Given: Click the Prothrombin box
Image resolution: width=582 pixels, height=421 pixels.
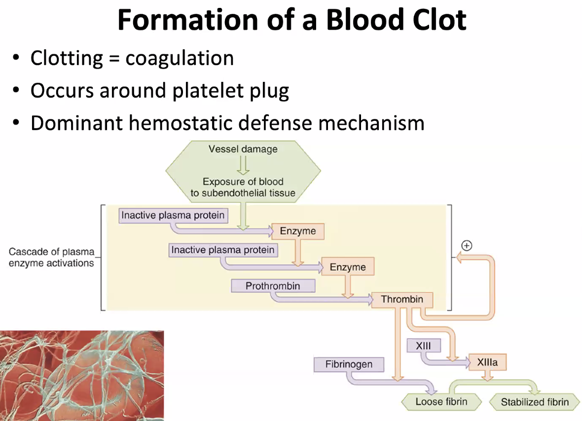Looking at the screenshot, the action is (x=273, y=285).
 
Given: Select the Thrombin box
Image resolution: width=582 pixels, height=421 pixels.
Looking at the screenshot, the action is (x=402, y=299).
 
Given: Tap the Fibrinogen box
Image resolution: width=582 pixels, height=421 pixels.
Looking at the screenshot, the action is (x=349, y=364).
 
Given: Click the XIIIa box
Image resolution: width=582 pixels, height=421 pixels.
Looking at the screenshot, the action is (x=487, y=362).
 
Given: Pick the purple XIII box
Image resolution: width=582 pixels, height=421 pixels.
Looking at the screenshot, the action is (x=424, y=346).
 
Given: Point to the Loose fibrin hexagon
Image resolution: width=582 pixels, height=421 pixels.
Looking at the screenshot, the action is (x=441, y=402).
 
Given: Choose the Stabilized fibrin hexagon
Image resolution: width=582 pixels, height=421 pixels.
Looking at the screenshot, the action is (x=535, y=402).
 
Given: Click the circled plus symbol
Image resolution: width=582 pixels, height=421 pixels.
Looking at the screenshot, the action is (x=467, y=246).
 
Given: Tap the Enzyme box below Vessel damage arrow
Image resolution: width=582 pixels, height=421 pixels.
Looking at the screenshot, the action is (x=298, y=231).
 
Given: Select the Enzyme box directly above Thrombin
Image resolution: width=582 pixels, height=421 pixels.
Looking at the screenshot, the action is (x=348, y=267).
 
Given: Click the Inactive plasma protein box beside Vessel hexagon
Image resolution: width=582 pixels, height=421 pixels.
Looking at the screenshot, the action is (x=173, y=215).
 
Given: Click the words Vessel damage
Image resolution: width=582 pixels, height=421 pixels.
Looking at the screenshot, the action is (x=243, y=149).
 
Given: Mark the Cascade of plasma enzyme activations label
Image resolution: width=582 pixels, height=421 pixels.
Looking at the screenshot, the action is (x=52, y=257).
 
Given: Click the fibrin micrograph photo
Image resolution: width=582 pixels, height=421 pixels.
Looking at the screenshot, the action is (x=82, y=376).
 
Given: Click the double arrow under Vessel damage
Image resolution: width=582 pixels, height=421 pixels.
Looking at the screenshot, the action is (x=243, y=165).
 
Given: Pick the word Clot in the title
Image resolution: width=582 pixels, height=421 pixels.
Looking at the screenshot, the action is (x=439, y=20).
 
